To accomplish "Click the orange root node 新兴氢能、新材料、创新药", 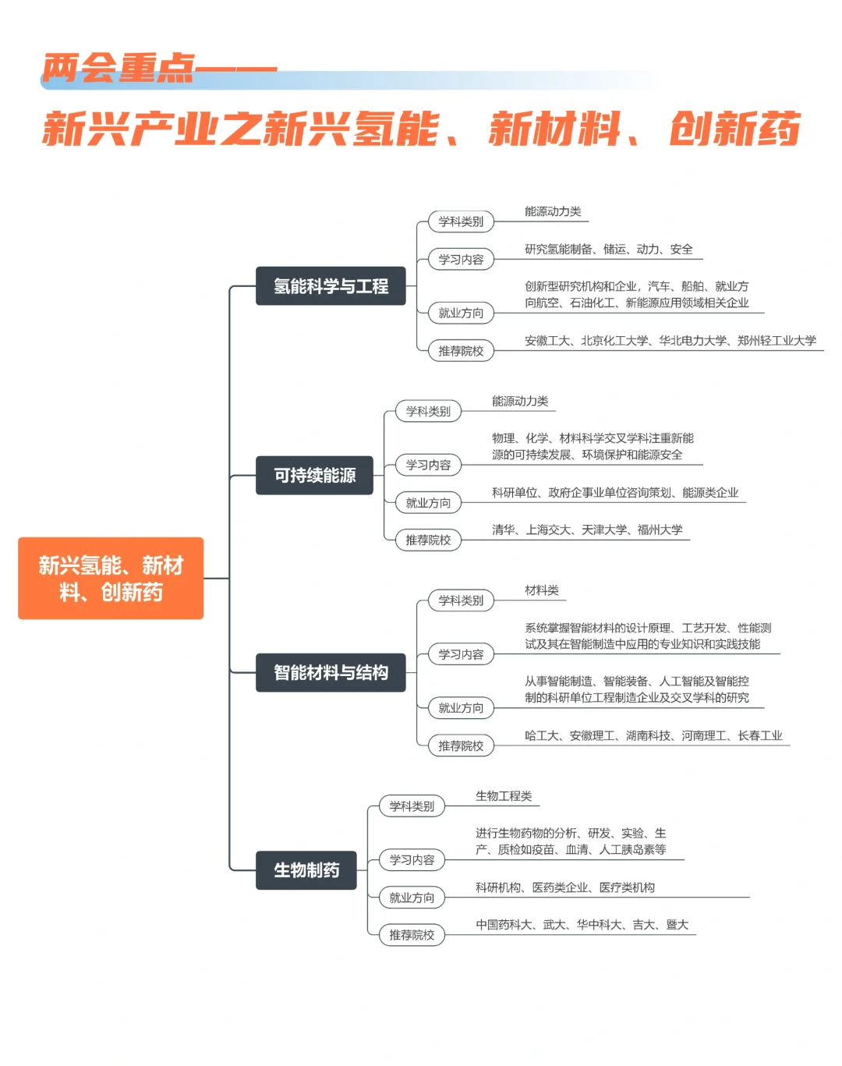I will pyautogui.click(x=111, y=578).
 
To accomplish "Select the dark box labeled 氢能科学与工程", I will pyautogui.click(x=331, y=286).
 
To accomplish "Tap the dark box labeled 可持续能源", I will pyautogui.click(x=314, y=476).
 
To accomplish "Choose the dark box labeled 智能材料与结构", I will pyautogui.click(x=331, y=672).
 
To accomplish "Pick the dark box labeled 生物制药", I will pyautogui.click(x=306, y=870).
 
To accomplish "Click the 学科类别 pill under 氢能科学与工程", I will pyautogui.click(x=461, y=221).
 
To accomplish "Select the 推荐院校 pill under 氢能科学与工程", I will pyautogui.click(x=461, y=351).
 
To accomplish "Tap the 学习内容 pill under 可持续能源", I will pyautogui.click(x=428, y=465).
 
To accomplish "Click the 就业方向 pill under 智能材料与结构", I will pyautogui.click(x=461, y=708).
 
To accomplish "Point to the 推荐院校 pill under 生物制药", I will pyautogui.click(x=412, y=935).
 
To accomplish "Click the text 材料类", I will pyautogui.click(x=542, y=590).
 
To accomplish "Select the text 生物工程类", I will pyautogui.click(x=504, y=796).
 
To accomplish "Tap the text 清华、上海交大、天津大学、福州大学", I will pyautogui.click(x=587, y=530).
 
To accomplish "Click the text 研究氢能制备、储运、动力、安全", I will pyautogui.click(x=609, y=250).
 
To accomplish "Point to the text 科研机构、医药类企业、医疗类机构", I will pyautogui.click(x=565, y=887).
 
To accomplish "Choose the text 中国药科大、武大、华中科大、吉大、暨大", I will pyautogui.click(x=582, y=925).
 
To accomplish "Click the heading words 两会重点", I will pyautogui.click(x=119, y=68).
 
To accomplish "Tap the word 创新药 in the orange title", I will pyautogui.click(x=734, y=129).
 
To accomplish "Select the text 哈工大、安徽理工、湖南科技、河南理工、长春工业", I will pyautogui.click(x=653, y=735).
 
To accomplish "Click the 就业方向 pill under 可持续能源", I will pyautogui.click(x=428, y=503).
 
